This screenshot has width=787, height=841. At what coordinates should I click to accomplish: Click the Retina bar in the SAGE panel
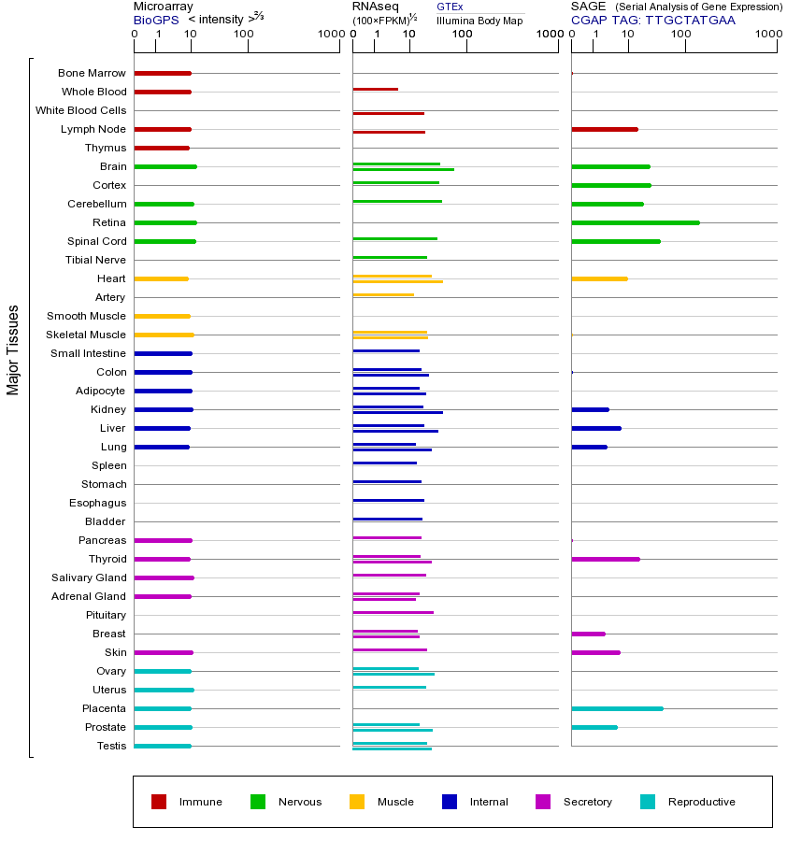[636, 222]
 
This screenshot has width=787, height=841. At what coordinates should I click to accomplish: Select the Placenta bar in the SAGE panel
[617, 708]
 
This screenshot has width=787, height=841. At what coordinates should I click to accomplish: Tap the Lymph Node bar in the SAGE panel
[605, 129]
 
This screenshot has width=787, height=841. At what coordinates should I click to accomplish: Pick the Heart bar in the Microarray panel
[161, 278]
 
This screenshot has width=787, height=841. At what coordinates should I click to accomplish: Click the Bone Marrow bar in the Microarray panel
[163, 73]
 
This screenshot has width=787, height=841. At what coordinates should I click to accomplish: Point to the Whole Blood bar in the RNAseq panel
[375, 89]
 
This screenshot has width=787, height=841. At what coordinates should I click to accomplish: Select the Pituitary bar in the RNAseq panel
[393, 612]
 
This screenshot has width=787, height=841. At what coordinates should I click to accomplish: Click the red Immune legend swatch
[159, 801]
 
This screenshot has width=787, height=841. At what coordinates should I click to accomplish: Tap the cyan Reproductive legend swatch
[648, 801]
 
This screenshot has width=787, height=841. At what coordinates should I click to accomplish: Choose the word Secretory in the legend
[587, 802]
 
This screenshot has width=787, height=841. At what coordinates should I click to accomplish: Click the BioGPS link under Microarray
[155, 20]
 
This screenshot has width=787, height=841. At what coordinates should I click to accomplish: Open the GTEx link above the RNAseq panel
[450, 7]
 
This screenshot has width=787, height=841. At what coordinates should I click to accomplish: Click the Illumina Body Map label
[479, 21]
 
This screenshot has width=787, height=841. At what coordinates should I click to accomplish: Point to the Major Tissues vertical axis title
[13, 349]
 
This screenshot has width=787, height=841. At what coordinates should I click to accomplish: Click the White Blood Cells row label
[80, 110]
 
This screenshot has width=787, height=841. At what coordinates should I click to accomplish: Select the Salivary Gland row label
[89, 577]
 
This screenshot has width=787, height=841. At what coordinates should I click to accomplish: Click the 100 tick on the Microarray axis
[243, 35]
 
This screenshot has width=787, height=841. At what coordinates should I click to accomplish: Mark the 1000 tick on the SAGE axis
[768, 35]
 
